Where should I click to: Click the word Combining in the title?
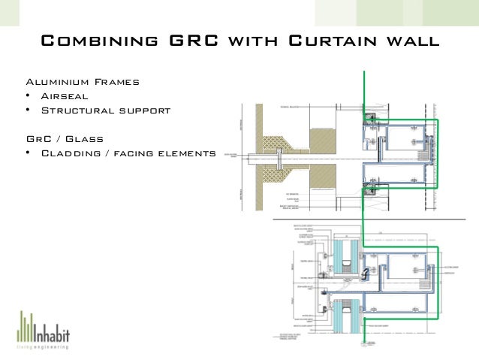coord(98,41)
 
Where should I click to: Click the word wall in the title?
coord(408,41)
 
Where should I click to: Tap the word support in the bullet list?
coord(144,111)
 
